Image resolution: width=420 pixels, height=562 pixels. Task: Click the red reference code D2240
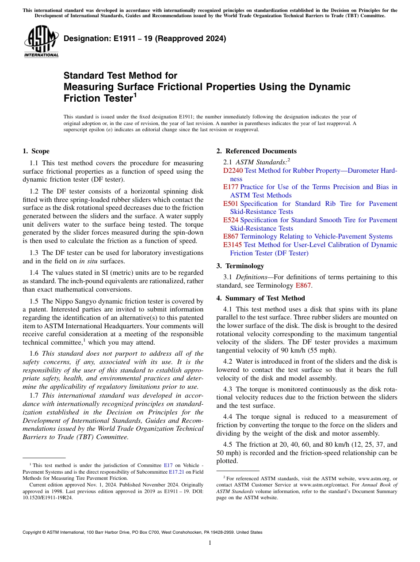(233, 171)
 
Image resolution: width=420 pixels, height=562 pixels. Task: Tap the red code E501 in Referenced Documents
(231, 204)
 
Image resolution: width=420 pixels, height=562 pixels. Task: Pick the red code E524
(231, 220)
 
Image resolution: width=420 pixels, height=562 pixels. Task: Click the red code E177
(231, 187)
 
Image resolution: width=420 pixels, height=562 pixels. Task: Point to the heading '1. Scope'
(36, 151)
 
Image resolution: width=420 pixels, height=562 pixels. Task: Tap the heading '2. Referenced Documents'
(256, 151)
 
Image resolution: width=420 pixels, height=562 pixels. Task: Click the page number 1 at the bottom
(210, 543)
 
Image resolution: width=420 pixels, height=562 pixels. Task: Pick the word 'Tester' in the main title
(113, 98)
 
